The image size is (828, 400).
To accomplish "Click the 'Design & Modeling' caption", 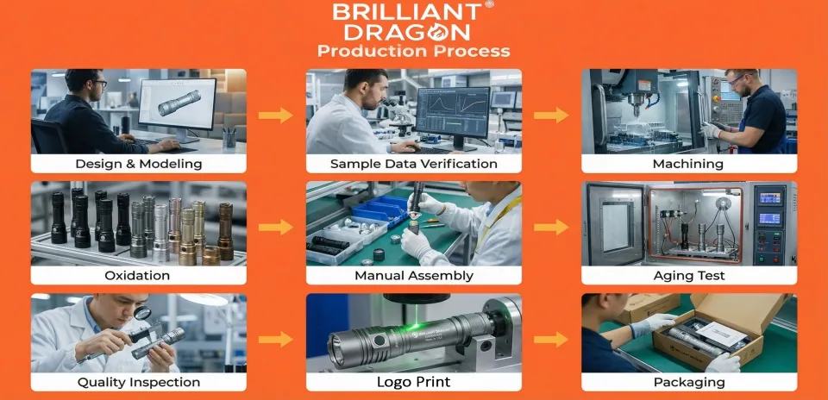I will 138,164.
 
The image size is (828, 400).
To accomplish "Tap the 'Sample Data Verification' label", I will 414,164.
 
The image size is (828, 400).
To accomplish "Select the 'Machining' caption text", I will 689,164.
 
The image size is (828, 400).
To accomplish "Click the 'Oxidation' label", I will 138,276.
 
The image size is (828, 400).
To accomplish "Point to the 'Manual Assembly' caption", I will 414,276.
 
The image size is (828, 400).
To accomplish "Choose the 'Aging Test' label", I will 689,276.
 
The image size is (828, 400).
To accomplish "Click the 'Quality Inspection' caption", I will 138,382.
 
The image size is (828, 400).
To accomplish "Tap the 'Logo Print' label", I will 414,382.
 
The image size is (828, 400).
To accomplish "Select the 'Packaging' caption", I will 689,382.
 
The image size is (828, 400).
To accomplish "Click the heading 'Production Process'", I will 413,51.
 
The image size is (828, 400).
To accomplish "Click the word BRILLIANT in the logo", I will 407,13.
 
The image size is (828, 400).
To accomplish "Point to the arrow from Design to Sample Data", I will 275,115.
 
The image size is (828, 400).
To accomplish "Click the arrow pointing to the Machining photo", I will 551,115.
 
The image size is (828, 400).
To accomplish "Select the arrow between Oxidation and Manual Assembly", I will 275,227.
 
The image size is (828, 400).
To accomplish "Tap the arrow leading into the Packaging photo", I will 551,339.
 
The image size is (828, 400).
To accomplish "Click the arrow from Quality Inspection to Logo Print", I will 275,339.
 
